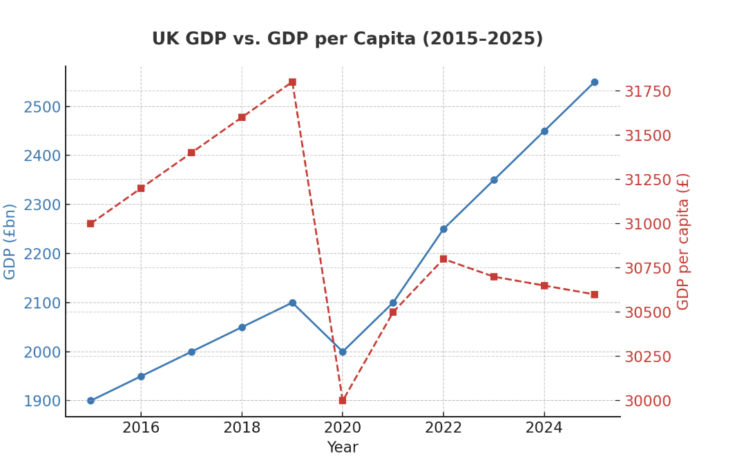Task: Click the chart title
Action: [x=347, y=39]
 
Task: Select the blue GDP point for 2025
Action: [x=594, y=82]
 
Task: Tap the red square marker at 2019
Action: [x=292, y=82]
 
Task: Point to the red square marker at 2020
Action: [x=343, y=400]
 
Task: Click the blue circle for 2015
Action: [x=90, y=400]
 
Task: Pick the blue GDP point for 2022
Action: [x=443, y=229]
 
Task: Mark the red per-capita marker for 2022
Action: [x=443, y=259]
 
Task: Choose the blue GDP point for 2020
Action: [x=343, y=352]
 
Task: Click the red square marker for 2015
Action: [x=90, y=223]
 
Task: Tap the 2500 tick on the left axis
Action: [x=42, y=107]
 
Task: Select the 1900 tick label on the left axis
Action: [x=42, y=401]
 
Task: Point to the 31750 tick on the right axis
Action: [x=648, y=91]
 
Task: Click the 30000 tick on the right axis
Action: [x=648, y=401]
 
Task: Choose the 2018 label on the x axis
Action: [x=242, y=428]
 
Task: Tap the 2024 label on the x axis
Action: [x=544, y=428]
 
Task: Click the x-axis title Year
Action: [x=343, y=448]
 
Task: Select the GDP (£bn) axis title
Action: [x=10, y=241]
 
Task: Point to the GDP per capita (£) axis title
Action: [x=683, y=241]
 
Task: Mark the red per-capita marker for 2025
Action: [x=594, y=294]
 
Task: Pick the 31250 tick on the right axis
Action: [x=648, y=180]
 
